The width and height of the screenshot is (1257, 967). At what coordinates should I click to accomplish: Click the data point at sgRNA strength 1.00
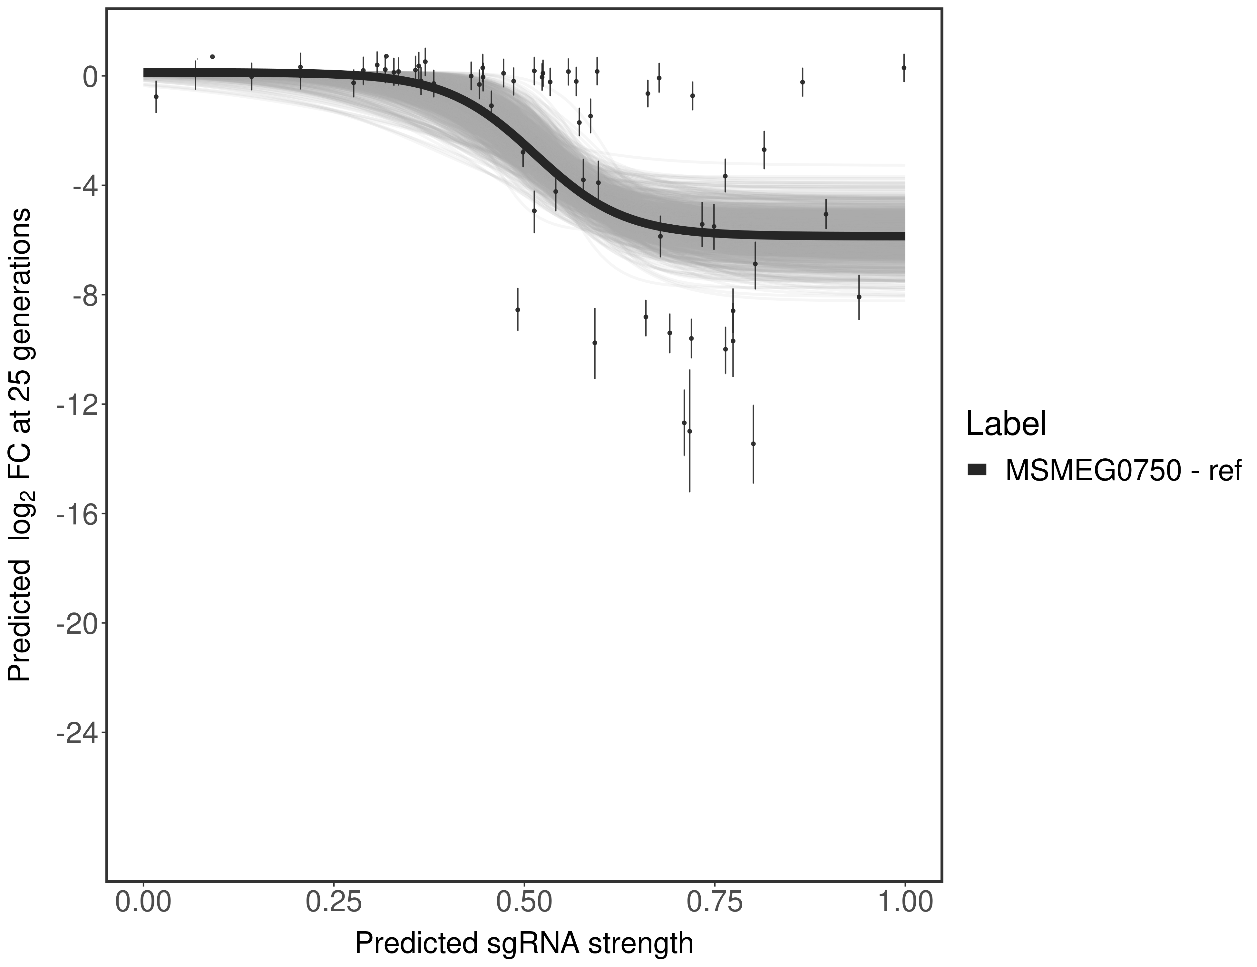(x=904, y=67)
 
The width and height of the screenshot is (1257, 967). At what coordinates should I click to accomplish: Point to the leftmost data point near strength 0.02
(x=156, y=96)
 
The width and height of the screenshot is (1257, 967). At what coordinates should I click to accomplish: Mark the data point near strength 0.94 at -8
(x=859, y=297)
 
